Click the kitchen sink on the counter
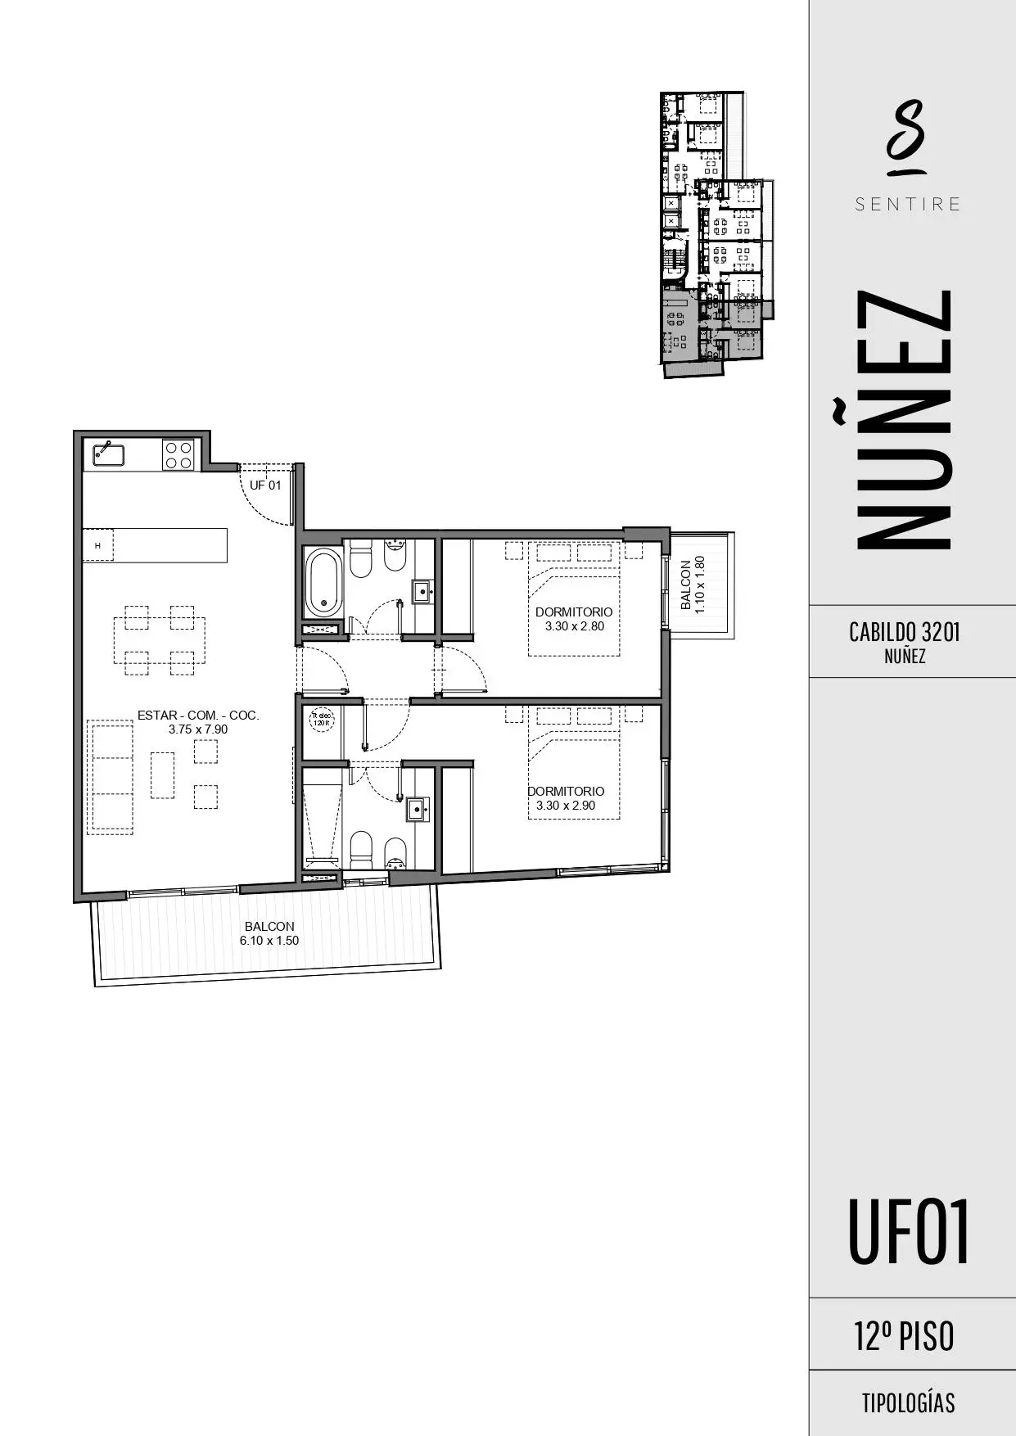coord(108,454)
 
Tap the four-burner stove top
coord(178,454)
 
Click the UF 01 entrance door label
coord(265,485)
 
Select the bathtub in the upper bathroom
coord(323,582)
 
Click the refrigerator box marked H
coord(97,545)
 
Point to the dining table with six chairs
coord(159,640)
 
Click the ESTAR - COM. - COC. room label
coord(198,715)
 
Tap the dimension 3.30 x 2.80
coord(574,626)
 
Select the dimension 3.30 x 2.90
coord(566,806)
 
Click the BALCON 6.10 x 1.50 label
coord(269,933)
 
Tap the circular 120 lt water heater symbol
coord(321,720)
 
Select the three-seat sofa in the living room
coord(111,776)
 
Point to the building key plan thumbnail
coord(714,233)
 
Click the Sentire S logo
coord(906,138)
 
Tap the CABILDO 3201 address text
coord(904,632)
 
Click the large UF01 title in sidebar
coord(908,1232)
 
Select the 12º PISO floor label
coord(904,1337)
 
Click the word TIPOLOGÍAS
coord(907,1403)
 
